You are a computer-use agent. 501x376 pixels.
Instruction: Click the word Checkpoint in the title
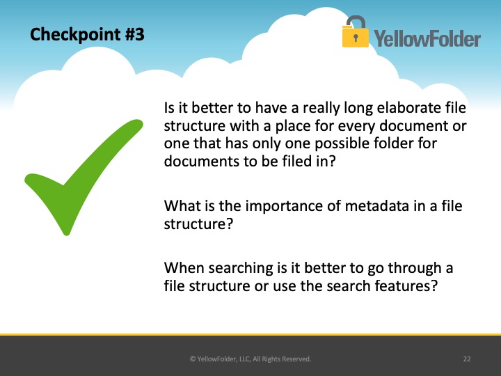click(x=74, y=35)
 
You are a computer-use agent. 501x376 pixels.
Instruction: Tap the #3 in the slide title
click(x=134, y=34)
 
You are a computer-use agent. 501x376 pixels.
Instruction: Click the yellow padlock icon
click(x=356, y=31)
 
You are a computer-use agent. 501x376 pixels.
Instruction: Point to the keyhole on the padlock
click(x=356, y=38)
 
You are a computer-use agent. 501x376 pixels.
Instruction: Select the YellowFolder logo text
click(x=427, y=38)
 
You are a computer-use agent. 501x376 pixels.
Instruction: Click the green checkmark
click(x=83, y=178)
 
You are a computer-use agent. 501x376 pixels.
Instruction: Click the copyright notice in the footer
click(x=250, y=359)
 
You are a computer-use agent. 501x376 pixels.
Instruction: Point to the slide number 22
click(x=467, y=359)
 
